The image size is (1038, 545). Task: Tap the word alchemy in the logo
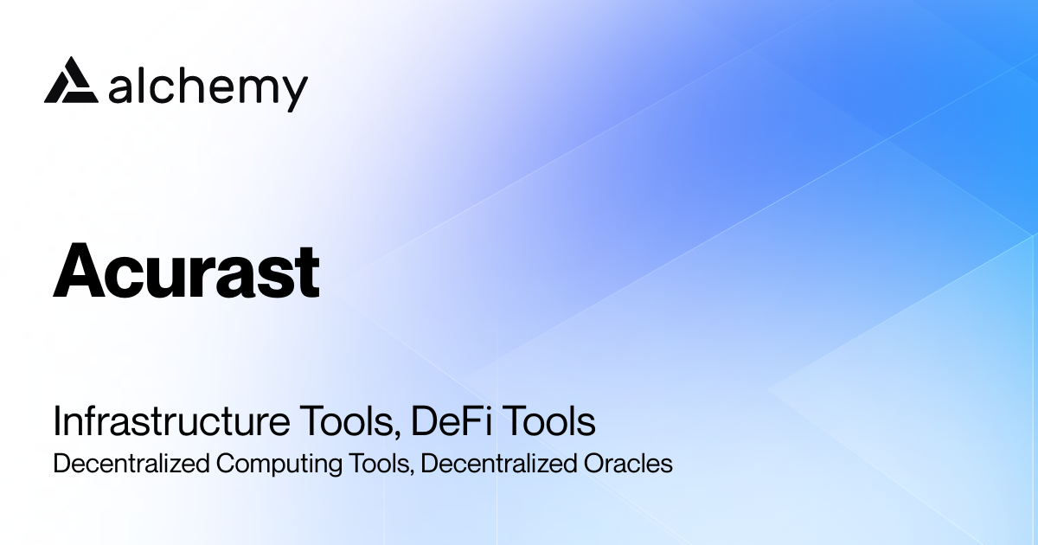208,87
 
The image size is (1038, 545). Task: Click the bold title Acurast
186,272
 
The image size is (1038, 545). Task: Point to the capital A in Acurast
77,272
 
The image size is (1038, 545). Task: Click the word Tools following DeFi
550,423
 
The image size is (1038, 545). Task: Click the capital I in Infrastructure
57,423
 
